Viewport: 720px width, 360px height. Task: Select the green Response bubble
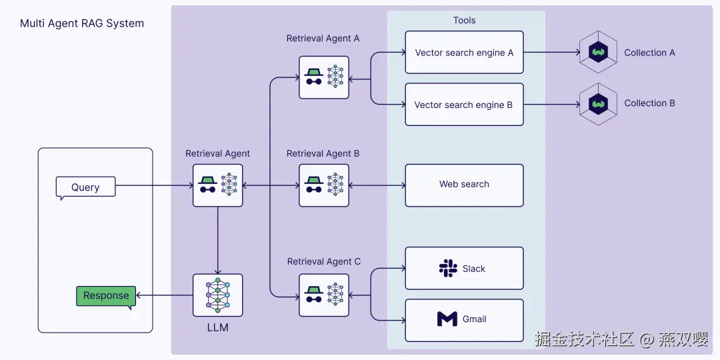106,297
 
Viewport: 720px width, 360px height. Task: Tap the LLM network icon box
217,295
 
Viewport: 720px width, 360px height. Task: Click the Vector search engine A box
464,53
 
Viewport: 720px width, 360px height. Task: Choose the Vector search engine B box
464,104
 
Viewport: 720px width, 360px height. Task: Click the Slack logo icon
448,268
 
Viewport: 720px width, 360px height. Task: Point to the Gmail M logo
447,319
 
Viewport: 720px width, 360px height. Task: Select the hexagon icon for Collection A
598,53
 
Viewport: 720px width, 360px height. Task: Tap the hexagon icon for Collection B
598,104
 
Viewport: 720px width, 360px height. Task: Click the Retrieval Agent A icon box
324,77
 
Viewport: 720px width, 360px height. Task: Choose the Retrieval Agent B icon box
324,185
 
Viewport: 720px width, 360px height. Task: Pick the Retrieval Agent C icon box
324,295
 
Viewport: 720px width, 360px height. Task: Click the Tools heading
464,20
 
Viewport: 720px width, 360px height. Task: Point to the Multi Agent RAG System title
82,23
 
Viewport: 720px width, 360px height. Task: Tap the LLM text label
217,328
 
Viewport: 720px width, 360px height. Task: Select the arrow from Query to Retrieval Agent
154,185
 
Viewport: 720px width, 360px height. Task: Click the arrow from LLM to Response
165,295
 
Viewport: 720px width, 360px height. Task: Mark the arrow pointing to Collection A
552,53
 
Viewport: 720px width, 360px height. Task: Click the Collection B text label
649,103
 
